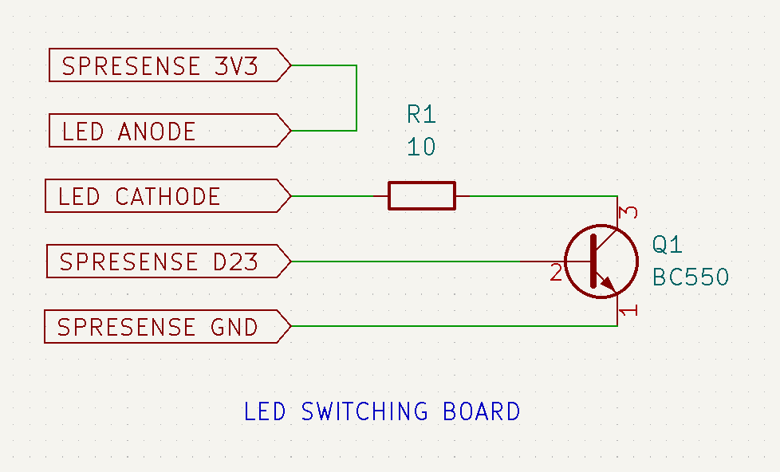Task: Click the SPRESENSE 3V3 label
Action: point(160,65)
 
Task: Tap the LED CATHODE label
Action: point(140,196)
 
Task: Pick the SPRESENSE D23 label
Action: point(159,262)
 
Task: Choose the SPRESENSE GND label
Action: point(158,327)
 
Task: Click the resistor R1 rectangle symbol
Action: point(422,195)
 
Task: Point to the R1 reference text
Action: point(421,115)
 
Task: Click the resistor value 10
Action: point(421,147)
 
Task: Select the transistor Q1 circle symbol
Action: point(601,262)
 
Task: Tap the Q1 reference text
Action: point(667,245)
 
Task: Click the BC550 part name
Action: point(691,277)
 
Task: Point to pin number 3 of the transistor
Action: point(628,213)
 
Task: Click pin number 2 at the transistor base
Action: point(556,273)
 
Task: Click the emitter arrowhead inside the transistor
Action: point(609,283)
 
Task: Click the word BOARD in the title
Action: point(481,411)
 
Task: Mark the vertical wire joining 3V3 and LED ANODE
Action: point(356,98)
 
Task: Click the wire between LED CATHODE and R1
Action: point(335,195)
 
